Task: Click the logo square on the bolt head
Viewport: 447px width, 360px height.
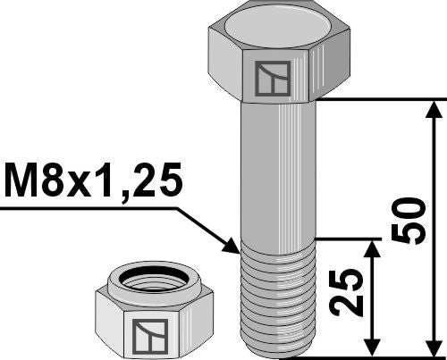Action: (x=268, y=80)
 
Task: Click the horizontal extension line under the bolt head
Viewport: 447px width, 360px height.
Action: (x=375, y=99)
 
